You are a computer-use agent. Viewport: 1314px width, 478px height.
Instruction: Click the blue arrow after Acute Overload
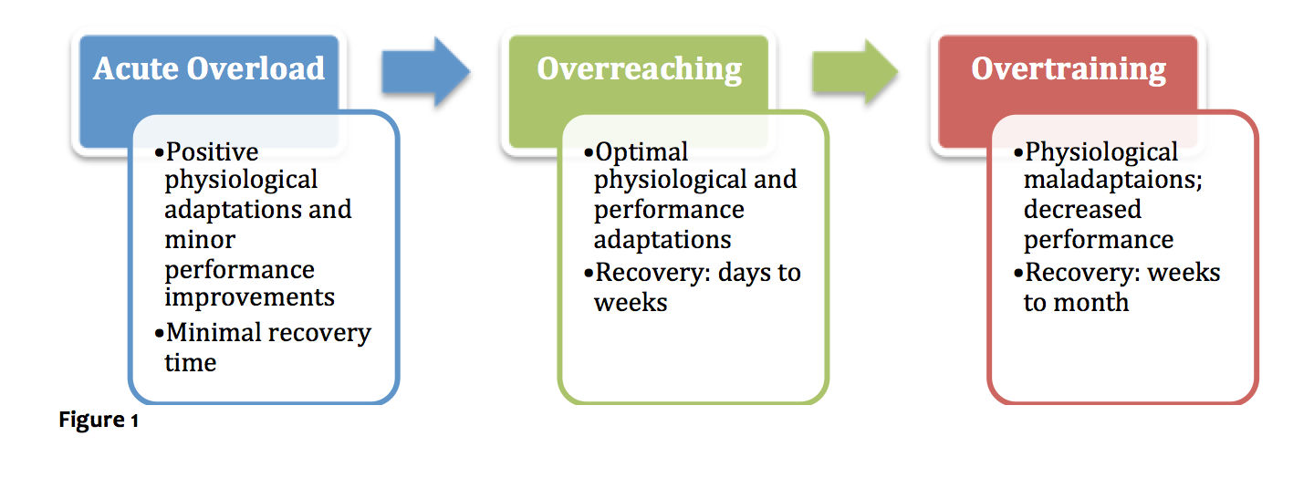[426, 72]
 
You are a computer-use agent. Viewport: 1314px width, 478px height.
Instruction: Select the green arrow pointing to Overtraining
[855, 72]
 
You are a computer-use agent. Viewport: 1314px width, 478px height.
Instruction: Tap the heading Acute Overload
[209, 68]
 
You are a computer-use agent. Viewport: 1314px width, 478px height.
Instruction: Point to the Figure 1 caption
[99, 420]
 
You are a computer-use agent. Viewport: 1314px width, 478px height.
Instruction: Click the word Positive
[212, 152]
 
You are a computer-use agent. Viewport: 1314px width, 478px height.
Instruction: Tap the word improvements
[249, 298]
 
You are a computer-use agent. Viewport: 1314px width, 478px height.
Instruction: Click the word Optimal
[641, 153]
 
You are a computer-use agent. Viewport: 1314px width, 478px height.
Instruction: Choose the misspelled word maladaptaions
[1113, 180]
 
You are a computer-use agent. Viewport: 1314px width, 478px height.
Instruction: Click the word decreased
[1082, 209]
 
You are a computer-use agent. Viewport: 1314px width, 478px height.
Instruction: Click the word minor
[200, 240]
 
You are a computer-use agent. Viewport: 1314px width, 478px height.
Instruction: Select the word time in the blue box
[190, 362]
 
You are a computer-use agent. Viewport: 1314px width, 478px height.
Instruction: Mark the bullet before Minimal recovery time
[159, 334]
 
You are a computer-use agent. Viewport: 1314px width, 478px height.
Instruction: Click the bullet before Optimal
[589, 153]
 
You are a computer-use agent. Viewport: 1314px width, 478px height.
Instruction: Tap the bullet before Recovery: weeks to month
[1017, 274]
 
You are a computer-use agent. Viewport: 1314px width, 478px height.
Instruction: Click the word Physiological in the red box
[1101, 153]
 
